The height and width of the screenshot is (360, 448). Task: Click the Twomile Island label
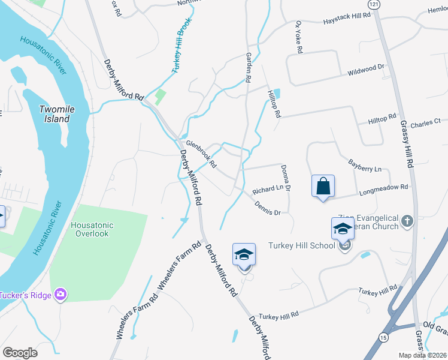click(x=62, y=114)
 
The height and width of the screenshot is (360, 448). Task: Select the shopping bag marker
click(x=323, y=186)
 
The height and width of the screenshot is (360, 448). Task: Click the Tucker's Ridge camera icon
click(x=59, y=293)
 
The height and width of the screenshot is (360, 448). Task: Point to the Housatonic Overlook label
click(x=92, y=229)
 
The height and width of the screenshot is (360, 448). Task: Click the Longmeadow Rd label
click(x=383, y=190)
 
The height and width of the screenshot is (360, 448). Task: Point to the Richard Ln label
click(x=267, y=189)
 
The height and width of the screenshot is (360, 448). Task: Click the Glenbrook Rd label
click(x=201, y=154)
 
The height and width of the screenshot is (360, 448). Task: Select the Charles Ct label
click(x=425, y=123)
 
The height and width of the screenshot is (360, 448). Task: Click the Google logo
click(x=20, y=353)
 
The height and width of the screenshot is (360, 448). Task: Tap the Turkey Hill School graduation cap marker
click(x=343, y=229)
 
